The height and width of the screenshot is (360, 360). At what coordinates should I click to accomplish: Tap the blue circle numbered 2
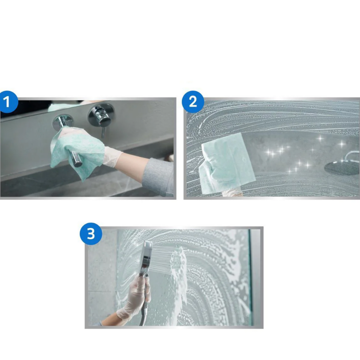(193, 102)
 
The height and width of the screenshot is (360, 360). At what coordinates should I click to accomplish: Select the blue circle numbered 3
(91, 234)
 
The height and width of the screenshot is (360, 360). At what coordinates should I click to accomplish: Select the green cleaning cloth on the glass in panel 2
(226, 163)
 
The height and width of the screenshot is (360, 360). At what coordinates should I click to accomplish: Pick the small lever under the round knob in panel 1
(104, 132)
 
